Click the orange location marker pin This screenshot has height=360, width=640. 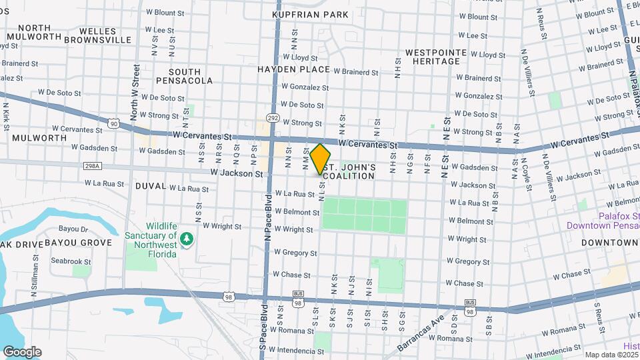click(x=321, y=159)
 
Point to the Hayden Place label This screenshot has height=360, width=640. click(x=294, y=69)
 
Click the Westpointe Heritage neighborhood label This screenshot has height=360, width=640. click(x=432, y=57)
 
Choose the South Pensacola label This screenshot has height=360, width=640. click(x=185, y=76)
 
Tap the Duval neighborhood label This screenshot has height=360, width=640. click(x=150, y=186)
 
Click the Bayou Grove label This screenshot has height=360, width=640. click(x=79, y=243)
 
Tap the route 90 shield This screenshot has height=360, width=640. click(x=115, y=123)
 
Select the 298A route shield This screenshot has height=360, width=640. click(x=93, y=165)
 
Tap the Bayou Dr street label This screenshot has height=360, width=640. click(x=73, y=229)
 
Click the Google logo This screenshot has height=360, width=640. click(x=22, y=352)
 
